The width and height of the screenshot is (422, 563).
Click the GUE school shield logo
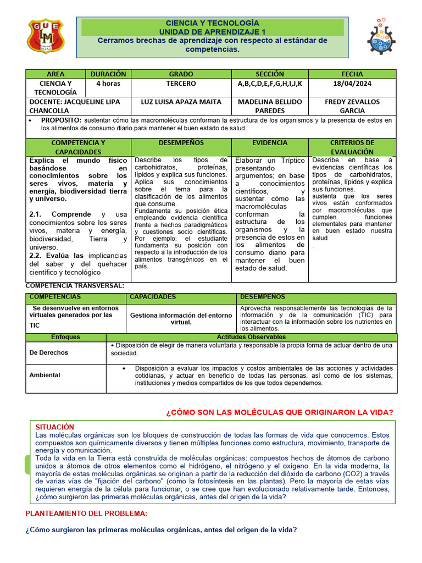46,37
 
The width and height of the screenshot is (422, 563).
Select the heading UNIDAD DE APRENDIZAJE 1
212,32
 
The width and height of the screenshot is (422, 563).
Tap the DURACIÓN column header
108,74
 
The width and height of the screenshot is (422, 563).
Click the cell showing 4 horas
108,84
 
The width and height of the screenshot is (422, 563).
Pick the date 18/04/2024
352,84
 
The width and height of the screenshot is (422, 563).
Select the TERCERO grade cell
181,84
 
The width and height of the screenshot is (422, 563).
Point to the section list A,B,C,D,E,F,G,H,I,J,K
270,84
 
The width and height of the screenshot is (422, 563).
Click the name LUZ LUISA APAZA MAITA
181,102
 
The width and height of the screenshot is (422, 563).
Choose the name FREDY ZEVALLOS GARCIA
352,106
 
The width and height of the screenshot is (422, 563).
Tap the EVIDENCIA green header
270,142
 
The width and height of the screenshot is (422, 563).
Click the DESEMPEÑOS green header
181,142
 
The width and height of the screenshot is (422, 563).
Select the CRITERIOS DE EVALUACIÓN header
352,147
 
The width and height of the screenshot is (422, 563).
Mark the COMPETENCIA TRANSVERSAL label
75,286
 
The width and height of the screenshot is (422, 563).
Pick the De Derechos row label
49,352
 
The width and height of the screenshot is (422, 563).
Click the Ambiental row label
45,375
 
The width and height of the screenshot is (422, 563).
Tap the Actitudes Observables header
251,336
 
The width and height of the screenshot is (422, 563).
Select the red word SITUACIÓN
54,427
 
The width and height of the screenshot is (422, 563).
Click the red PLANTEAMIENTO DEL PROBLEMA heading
86,513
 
